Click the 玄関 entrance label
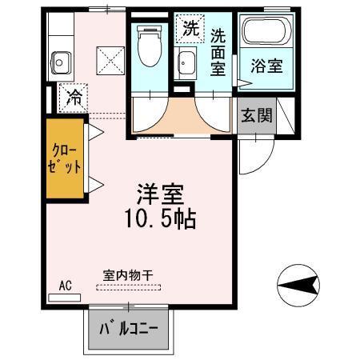[x=255, y=114]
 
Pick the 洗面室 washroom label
[x=218, y=51]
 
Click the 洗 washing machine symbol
[x=189, y=29]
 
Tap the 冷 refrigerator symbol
[x=73, y=98]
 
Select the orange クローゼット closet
[x=65, y=159]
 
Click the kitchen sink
[x=60, y=60]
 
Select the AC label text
[x=65, y=284]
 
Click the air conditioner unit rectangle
[x=65, y=297]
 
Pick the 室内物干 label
[x=128, y=274]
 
